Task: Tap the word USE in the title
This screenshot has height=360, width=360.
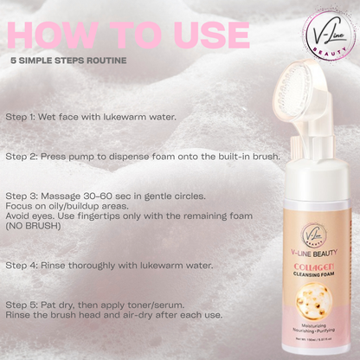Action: [200, 35]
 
